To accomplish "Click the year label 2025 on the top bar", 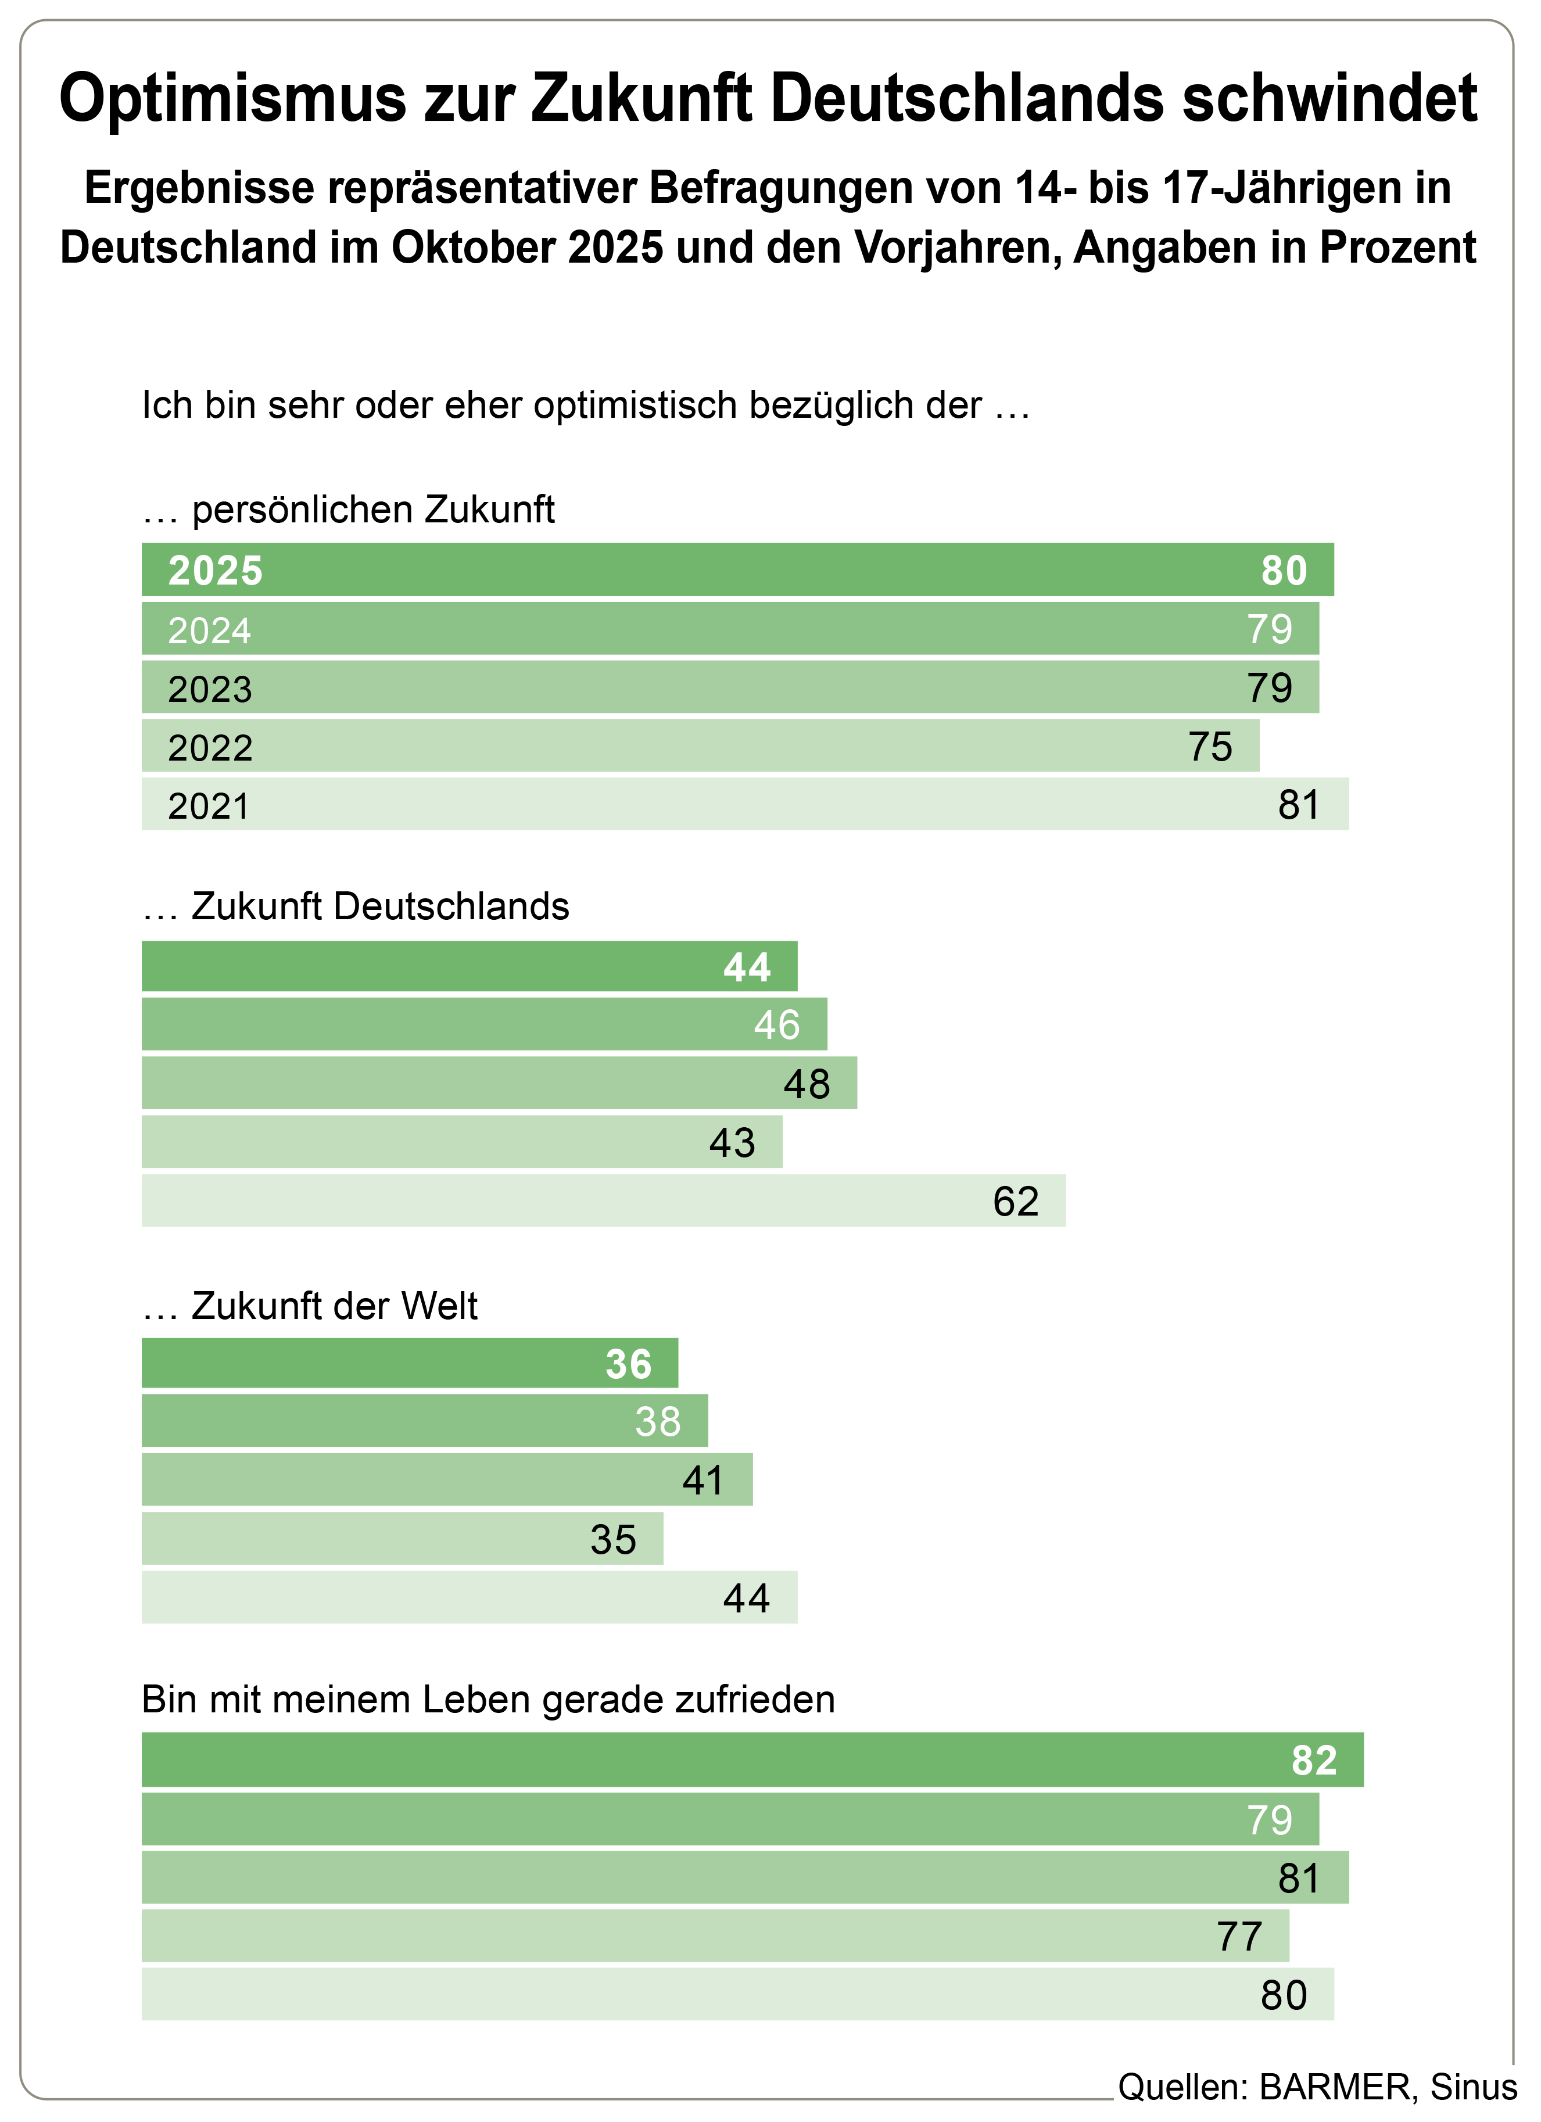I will coord(215,571).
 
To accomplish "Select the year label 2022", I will coord(210,748).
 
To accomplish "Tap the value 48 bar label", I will coord(807,1084).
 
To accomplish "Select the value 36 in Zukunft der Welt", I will coord(628,1364).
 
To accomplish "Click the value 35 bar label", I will coord(613,1540).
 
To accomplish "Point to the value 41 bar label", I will coord(703,1481).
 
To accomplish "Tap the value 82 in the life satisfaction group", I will coord(1314,1761).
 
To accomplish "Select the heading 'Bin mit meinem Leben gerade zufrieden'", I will coord(488,1699).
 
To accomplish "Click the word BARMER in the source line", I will coord(1334,2087).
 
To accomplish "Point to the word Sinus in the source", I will coord(1474,2087).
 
